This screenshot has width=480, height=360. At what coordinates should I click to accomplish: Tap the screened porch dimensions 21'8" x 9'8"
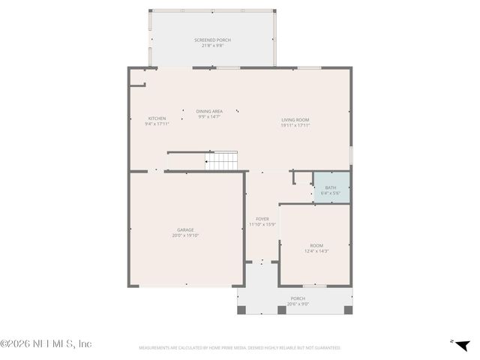click(212, 46)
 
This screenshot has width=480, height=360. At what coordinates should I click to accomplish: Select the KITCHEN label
click(157, 118)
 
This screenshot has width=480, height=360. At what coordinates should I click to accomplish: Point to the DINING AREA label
click(209, 111)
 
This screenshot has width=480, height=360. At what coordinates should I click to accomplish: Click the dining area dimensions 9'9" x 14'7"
click(209, 117)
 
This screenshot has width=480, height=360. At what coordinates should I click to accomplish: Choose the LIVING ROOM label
click(295, 120)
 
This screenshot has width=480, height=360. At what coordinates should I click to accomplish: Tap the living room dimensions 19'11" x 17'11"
click(295, 125)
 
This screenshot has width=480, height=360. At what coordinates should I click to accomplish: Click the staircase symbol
click(222, 160)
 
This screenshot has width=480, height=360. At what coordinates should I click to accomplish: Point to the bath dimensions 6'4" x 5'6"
click(331, 193)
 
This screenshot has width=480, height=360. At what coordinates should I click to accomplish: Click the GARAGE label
click(185, 230)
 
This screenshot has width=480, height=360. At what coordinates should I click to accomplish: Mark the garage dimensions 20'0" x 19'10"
click(185, 235)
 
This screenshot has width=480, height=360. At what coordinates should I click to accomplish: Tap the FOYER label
click(262, 218)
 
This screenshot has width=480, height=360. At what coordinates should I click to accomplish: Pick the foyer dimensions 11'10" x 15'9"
click(262, 224)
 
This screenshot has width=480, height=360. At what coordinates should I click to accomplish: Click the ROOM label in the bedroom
click(316, 245)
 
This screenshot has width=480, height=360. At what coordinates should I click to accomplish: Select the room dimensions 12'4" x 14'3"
click(316, 251)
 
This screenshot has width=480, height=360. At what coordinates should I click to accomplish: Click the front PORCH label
click(298, 298)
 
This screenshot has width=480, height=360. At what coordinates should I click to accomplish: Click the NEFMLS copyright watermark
click(46, 343)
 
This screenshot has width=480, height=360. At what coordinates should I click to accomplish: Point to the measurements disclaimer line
click(239, 348)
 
